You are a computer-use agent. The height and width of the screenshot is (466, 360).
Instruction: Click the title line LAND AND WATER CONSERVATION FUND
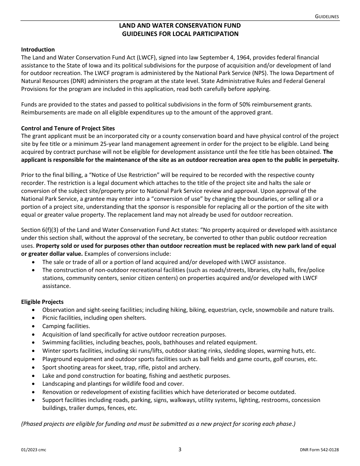[x=180, y=26]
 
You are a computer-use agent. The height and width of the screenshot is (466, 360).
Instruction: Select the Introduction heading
[x=38, y=50]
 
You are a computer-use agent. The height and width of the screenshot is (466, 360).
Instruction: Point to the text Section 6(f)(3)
[x=39, y=230]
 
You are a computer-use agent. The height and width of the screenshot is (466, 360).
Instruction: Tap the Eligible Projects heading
[x=42, y=302]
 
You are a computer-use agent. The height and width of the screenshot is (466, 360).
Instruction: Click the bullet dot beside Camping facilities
[x=34, y=326]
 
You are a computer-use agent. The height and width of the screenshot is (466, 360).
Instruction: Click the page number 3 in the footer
[x=180, y=450]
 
